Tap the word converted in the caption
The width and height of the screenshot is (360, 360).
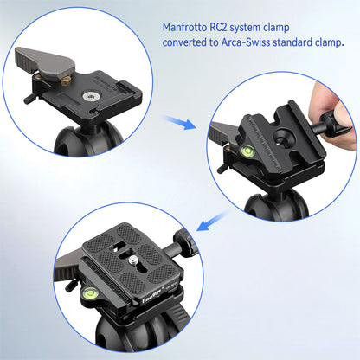[x=188, y=42]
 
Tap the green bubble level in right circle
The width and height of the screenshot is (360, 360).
[x=246, y=153]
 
